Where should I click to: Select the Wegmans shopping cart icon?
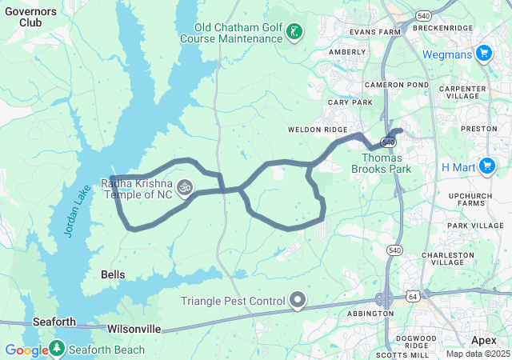tap(483, 54)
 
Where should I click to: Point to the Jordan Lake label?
tap(74, 210)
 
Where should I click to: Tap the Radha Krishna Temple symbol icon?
tap(185, 189)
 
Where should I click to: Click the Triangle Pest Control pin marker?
tap(298, 301)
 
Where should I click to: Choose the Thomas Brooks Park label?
tap(381, 163)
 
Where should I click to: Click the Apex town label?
tap(483, 340)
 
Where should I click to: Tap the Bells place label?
tap(113, 274)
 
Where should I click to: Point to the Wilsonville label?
tap(134, 329)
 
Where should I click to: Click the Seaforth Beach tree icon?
tap(57, 349)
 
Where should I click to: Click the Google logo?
tap(26, 350)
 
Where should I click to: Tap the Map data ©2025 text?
tap(477, 354)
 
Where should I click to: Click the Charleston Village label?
tap(454, 260)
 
